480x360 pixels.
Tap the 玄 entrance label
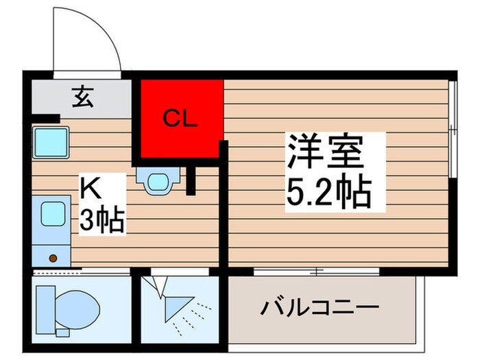(82, 99)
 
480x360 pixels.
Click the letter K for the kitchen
(91, 187)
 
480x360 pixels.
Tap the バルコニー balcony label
(319, 307)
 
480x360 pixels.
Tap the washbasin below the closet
(158, 180)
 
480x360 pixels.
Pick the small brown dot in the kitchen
(52, 259)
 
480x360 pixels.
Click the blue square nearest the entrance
(49, 143)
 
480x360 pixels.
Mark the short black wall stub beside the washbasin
(191, 180)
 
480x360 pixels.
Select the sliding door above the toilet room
(81, 272)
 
